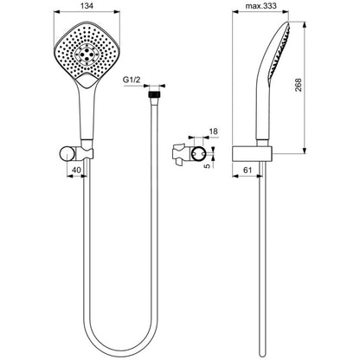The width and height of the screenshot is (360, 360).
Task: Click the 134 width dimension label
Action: (x=87, y=6)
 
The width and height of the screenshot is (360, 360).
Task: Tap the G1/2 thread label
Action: (x=132, y=80)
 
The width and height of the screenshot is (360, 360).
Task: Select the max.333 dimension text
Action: (x=260, y=6)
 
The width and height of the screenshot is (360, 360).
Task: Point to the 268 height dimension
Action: (x=299, y=85)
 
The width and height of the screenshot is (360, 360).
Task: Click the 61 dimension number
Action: (x=247, y=170)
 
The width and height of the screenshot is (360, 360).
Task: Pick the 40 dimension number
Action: (x=76, y=170)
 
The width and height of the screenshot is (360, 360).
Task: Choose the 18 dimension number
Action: (x=214, y=132)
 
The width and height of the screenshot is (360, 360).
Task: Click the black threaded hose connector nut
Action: (x=154, y=95)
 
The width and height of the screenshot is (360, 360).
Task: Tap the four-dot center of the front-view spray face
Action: (x=87, y=54)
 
